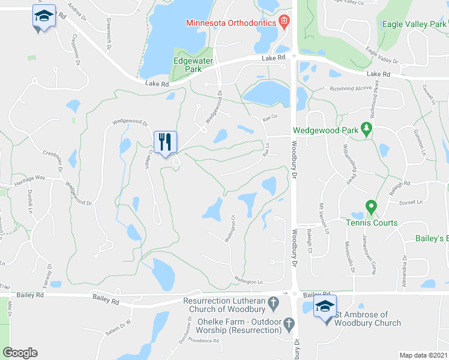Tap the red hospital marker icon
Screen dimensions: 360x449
tap(285, 23)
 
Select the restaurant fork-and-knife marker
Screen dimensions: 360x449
tap(165, 142)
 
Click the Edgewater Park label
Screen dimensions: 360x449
tap(187, 65)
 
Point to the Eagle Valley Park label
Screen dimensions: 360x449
tap(413, 25)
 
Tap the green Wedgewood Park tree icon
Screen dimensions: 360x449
tap(365, 129)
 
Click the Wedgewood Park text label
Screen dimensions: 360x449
tap(325, 130)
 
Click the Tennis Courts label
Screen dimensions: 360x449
tap(371, 223)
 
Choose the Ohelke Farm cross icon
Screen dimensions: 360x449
tap(289, 325)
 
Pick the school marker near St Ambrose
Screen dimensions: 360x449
tap(325, 307)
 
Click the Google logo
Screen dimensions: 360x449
tap(20, 353)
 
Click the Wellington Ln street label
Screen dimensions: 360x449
tap(249, 281)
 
